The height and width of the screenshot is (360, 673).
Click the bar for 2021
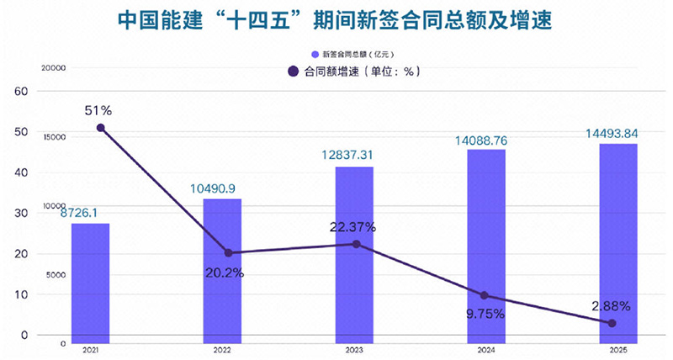coord(90,283)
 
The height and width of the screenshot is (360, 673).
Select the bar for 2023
coord(354,255)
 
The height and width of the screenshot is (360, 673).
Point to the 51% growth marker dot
coord(101,128)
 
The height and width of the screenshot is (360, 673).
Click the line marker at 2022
coord(228,252)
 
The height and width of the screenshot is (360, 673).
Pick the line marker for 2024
coord(484,295)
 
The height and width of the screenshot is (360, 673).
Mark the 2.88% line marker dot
coord(612,323)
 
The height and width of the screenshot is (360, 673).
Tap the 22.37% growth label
coord(352,226)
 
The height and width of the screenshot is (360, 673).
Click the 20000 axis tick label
coord(53,68)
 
